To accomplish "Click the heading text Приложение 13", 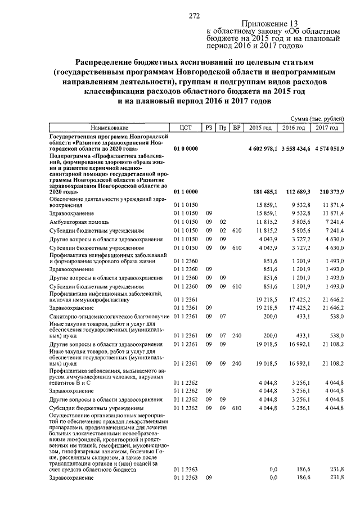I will tap(268, 24).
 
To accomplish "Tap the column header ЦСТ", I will tap(186, 128).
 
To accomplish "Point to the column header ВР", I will tap(237, 128).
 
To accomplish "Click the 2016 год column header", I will tap(294, 128).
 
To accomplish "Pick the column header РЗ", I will tap(209, 128).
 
